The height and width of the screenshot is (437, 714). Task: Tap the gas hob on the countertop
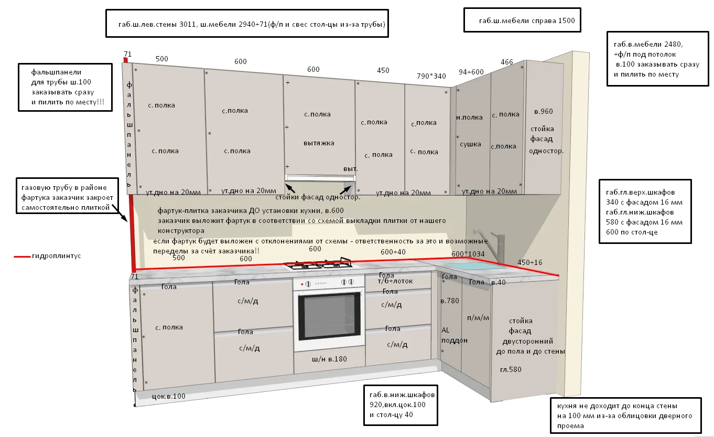[322, 263]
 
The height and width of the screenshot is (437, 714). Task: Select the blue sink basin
[474, 266]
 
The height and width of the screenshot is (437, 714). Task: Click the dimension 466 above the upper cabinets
[507, 62]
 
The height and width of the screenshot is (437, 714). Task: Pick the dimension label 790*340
[431, 76]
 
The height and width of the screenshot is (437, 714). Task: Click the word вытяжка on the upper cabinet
[319, 143]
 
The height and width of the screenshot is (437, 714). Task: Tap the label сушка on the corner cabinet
[470, 144]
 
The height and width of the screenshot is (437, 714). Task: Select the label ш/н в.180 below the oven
[329, 359]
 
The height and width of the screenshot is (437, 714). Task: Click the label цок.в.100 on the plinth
[169, 396]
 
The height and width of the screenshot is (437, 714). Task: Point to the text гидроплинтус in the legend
[57, 256]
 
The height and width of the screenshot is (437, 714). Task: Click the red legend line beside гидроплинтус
[23, 257]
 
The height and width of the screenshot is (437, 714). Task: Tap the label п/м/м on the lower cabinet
[478, 318]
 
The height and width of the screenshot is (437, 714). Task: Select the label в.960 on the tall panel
[544, 112]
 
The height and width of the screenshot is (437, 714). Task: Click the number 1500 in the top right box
[566, 21]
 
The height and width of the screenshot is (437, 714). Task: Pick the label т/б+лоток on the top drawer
[395, 281]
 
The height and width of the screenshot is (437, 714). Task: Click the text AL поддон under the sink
[454, 335]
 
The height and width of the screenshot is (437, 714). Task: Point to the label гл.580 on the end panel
[511, 370]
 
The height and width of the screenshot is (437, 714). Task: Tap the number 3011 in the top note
[188, 24]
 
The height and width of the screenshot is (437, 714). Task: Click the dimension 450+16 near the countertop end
[530, 262]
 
